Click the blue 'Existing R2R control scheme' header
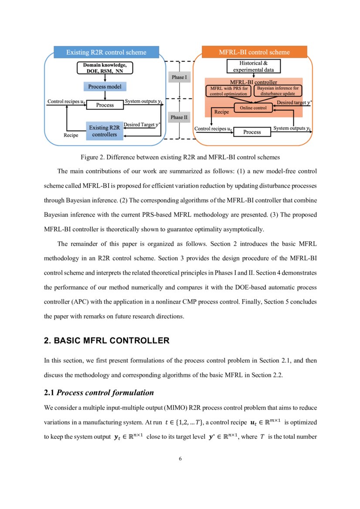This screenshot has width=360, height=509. [106, 53]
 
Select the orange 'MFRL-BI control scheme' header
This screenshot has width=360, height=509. [254, 53]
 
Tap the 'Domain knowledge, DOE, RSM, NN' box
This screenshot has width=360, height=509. [105, 68]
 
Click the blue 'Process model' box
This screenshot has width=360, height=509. [105, 87]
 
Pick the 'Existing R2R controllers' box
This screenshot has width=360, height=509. [105, 131]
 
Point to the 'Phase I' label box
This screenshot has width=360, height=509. [179, 78]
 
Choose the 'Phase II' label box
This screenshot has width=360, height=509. [179, 117]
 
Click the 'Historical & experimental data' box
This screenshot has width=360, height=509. [253, 66]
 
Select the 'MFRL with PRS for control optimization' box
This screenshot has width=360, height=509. [229, 91]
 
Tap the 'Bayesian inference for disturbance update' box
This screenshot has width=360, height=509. [278, 91]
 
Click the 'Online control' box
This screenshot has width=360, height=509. [253, 107]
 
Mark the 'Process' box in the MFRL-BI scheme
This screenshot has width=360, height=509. [252, 132]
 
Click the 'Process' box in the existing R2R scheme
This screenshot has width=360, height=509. [105, 105]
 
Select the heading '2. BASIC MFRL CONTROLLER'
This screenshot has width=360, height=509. [107, 341]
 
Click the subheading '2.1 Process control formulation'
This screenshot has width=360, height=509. [99, 393]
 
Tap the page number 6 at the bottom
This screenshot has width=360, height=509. [180, 458]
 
